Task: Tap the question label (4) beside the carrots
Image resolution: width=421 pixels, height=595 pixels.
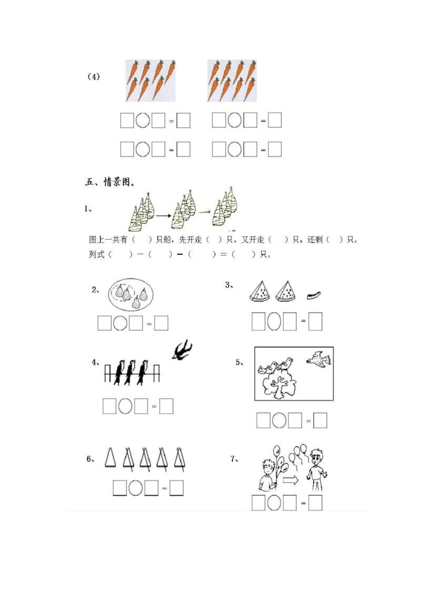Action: click(x=93, y=77)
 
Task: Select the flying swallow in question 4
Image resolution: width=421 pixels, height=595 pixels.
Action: click(x=182, y=351)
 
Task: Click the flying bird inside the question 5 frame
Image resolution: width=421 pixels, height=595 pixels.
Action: click(x=318, y=360)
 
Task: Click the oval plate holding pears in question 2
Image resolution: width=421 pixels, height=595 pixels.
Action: click(x=131, y=294)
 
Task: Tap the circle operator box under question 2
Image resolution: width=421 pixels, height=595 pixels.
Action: click(x=120, y=323)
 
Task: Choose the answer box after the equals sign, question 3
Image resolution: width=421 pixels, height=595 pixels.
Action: click(x=315, y=321)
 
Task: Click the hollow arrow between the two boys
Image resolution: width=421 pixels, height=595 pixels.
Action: click(x=290, y=480)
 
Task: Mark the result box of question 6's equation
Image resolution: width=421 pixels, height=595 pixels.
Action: click(x=177, y=488)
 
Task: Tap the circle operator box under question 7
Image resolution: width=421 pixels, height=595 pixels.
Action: click(x=274, y=503)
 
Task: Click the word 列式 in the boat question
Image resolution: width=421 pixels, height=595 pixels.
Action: click(x=97, y=254)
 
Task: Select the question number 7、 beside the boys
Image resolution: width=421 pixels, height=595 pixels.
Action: click(x=235, y=459)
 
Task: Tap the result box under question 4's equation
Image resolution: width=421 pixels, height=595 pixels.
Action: click(x=166, y=406)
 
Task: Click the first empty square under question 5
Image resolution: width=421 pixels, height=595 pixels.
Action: click(x=263, y=420)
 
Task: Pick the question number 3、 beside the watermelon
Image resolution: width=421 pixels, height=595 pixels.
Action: click(x=229, y=285)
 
